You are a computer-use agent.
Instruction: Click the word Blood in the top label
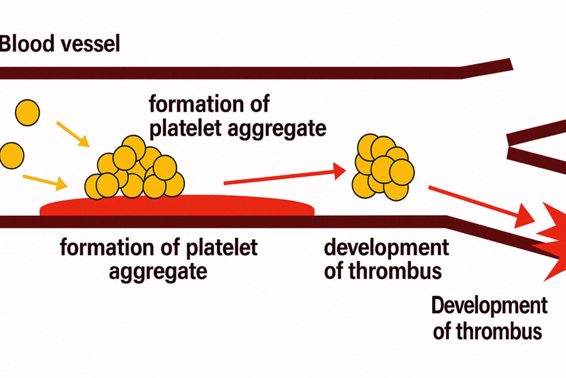[27, 43]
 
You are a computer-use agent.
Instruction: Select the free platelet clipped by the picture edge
[12, 156]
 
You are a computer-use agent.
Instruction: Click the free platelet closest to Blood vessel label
[28, 113]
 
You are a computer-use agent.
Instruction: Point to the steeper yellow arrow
[73, 134]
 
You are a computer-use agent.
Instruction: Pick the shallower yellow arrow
[45, 182]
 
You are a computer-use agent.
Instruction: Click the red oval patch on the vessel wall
[177, 206]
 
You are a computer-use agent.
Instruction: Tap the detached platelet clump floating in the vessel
[383, 167]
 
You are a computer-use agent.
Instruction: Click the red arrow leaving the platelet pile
[285, 176]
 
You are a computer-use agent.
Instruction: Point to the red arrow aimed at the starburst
[481, 206]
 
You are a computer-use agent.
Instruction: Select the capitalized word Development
[490, 305]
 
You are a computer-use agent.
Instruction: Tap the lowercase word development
[386, 248]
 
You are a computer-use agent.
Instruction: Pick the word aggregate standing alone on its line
[158, 272]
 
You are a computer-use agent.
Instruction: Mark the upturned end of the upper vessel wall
[511, 64]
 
